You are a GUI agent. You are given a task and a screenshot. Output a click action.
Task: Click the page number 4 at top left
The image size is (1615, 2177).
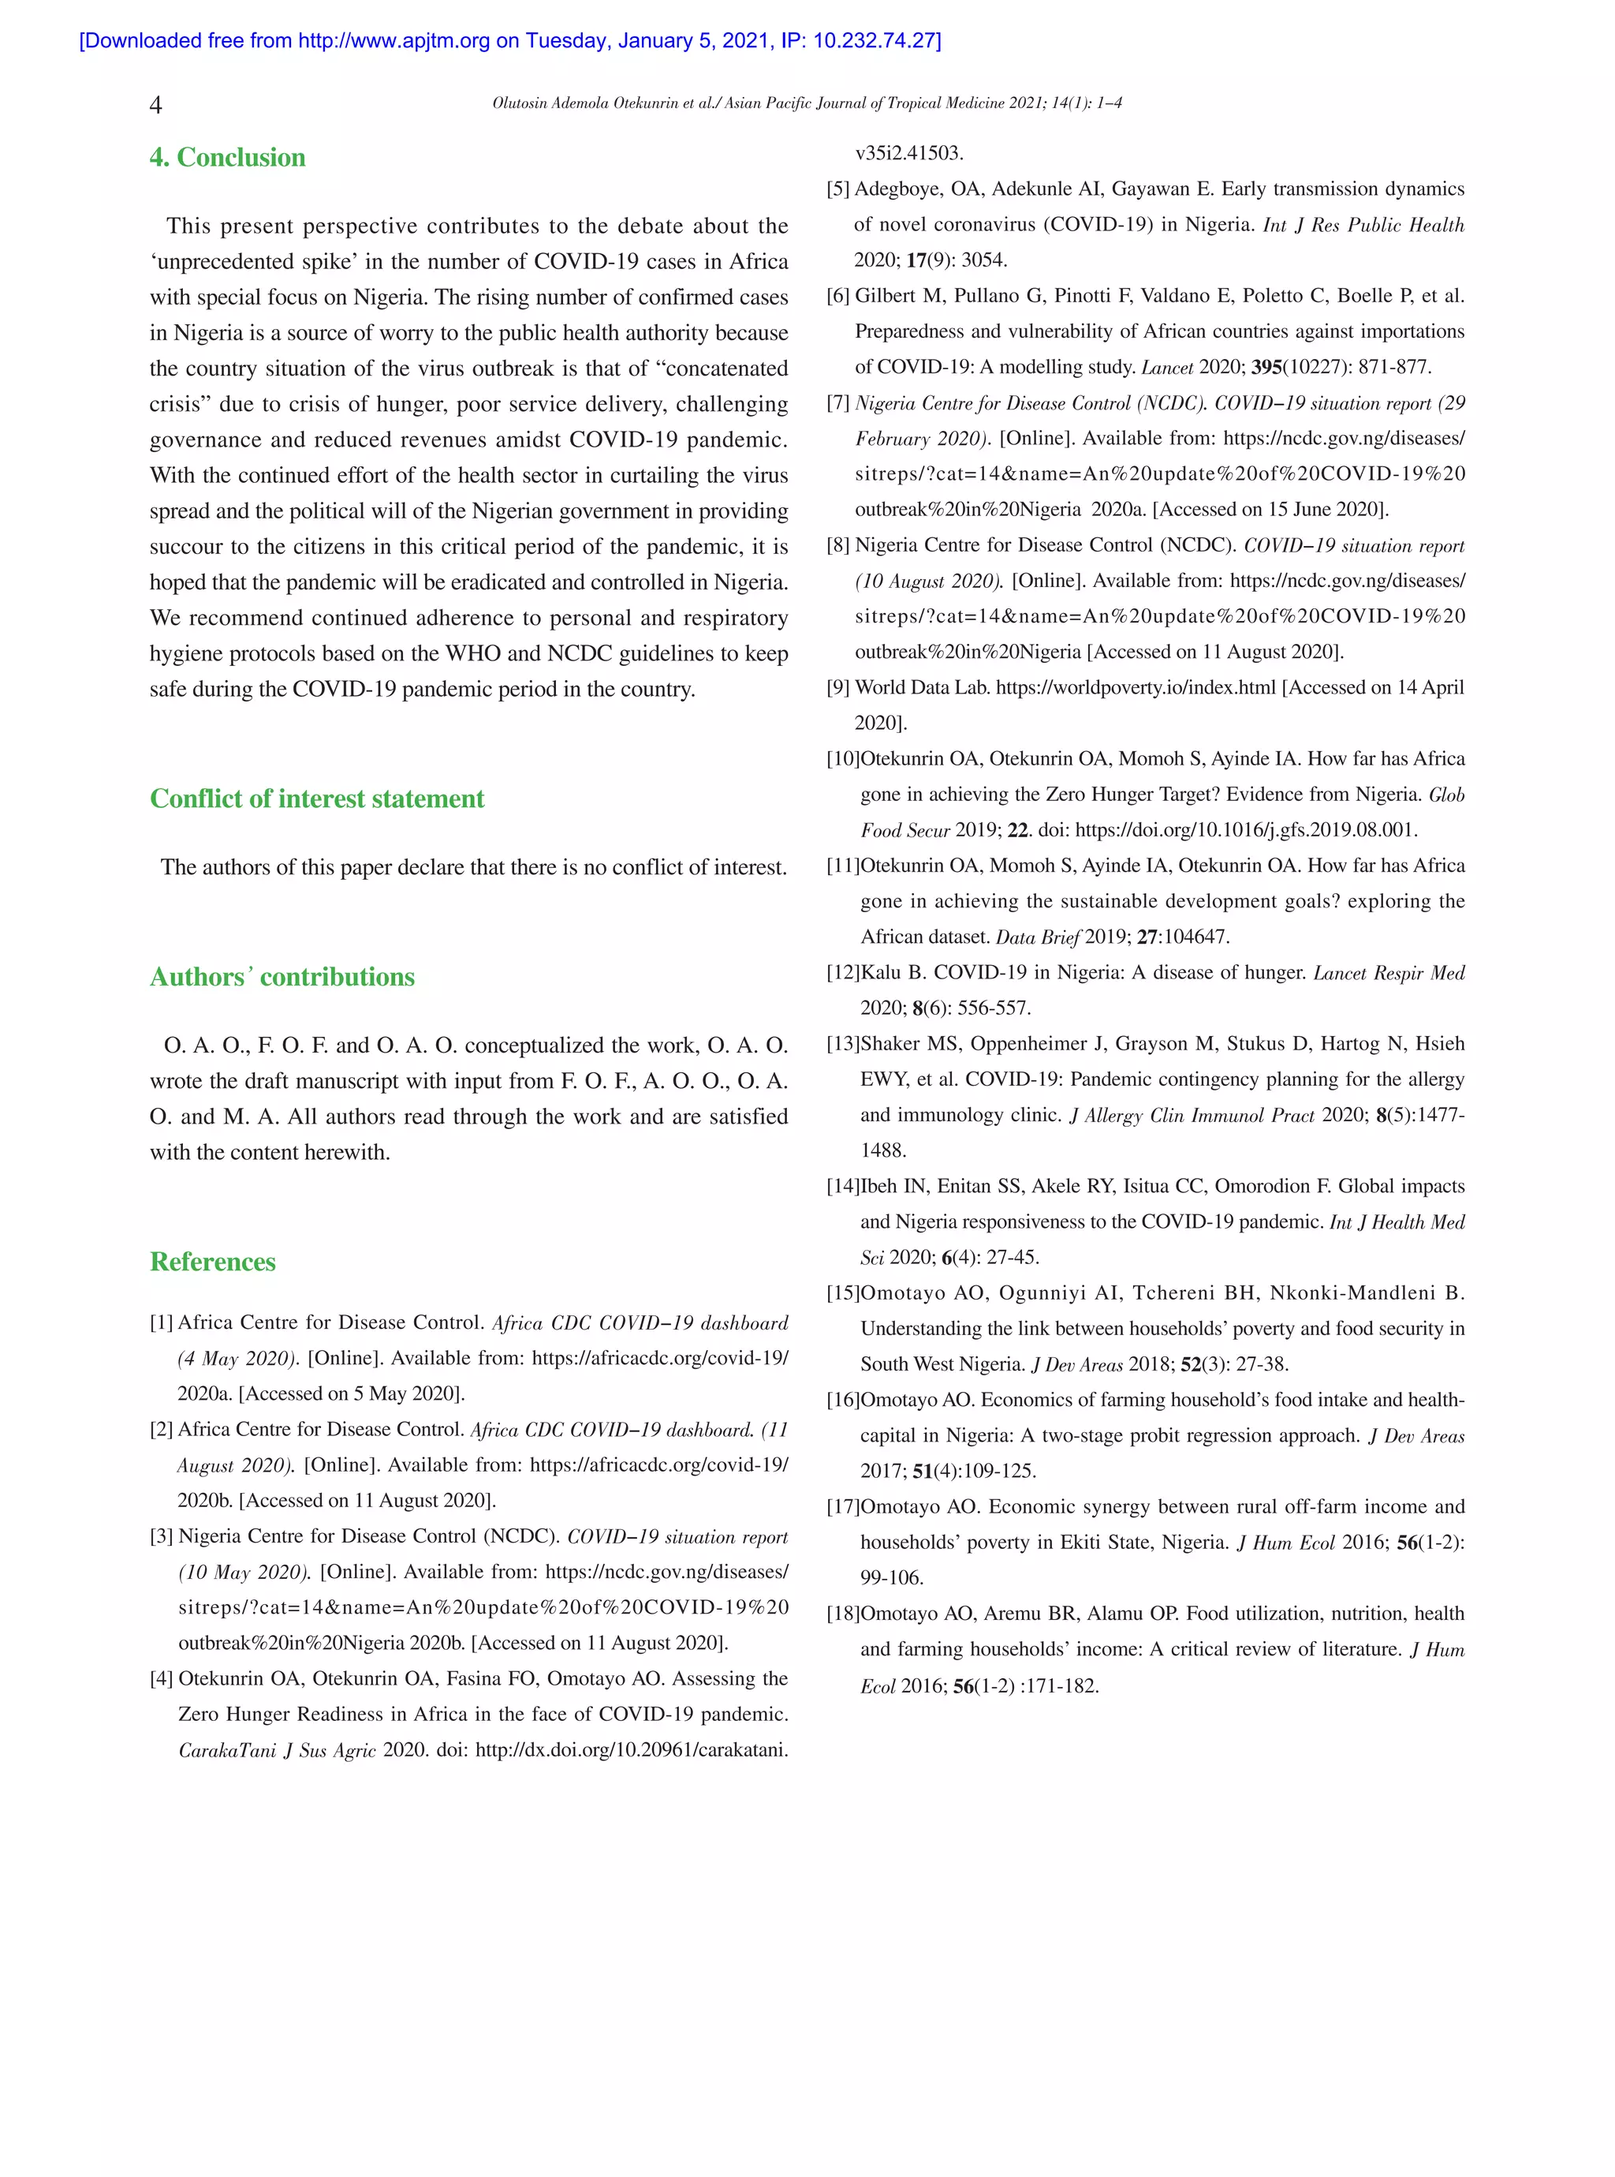[x=155, y=106]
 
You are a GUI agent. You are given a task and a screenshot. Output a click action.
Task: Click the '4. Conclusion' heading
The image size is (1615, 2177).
[x=227, y=158]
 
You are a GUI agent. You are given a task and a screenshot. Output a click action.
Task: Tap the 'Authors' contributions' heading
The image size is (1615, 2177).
[x=282, y=977]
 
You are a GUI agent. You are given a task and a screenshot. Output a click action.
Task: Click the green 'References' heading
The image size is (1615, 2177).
[x=212, y=1262]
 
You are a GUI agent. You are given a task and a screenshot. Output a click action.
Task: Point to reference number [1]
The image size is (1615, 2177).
[x=162, y=1323]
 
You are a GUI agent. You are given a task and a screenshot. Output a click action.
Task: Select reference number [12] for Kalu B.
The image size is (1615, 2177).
[x=843, y=973]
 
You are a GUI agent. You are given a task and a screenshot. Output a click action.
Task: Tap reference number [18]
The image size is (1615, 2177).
[x=843, y=1614]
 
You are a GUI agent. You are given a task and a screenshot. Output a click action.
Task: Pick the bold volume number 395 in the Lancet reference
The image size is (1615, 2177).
[x=1266, y=368]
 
